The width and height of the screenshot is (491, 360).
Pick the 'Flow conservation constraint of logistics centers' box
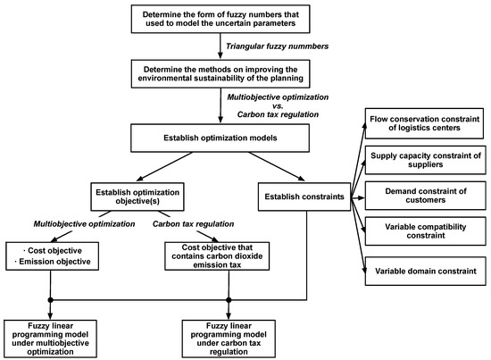(424, 123)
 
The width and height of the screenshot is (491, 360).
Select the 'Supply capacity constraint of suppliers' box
(424, 162)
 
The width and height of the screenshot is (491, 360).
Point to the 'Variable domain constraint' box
(424, 269)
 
